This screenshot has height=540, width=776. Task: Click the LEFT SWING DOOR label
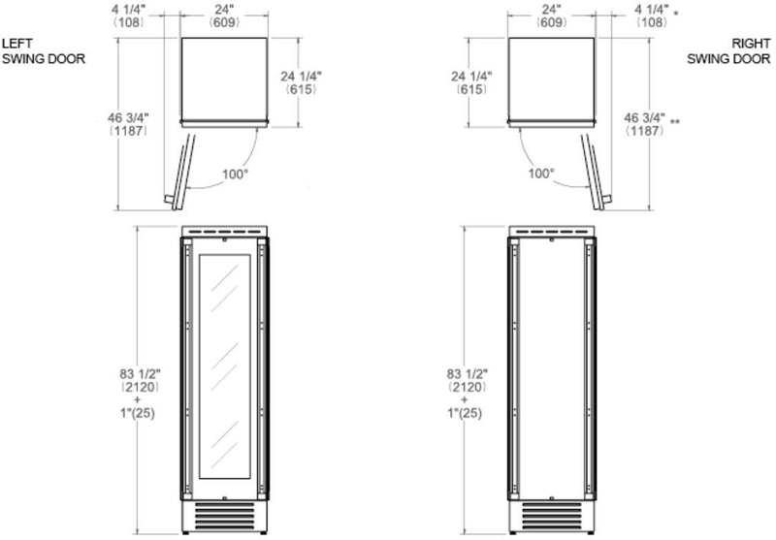(44, 51)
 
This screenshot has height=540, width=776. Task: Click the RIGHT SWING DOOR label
(728, 51)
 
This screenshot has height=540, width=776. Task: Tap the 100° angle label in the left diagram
(235, 175)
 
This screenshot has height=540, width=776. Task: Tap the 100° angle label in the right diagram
(541, 174)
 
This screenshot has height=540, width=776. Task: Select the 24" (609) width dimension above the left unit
(224, 16)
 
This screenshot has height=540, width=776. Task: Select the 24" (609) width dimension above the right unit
(551, 16)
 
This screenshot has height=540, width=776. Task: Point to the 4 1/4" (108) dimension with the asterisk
(652, 16)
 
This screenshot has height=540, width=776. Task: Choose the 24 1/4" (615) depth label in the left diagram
(301, 82)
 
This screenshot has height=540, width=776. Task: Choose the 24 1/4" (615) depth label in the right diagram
(471, 82)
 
